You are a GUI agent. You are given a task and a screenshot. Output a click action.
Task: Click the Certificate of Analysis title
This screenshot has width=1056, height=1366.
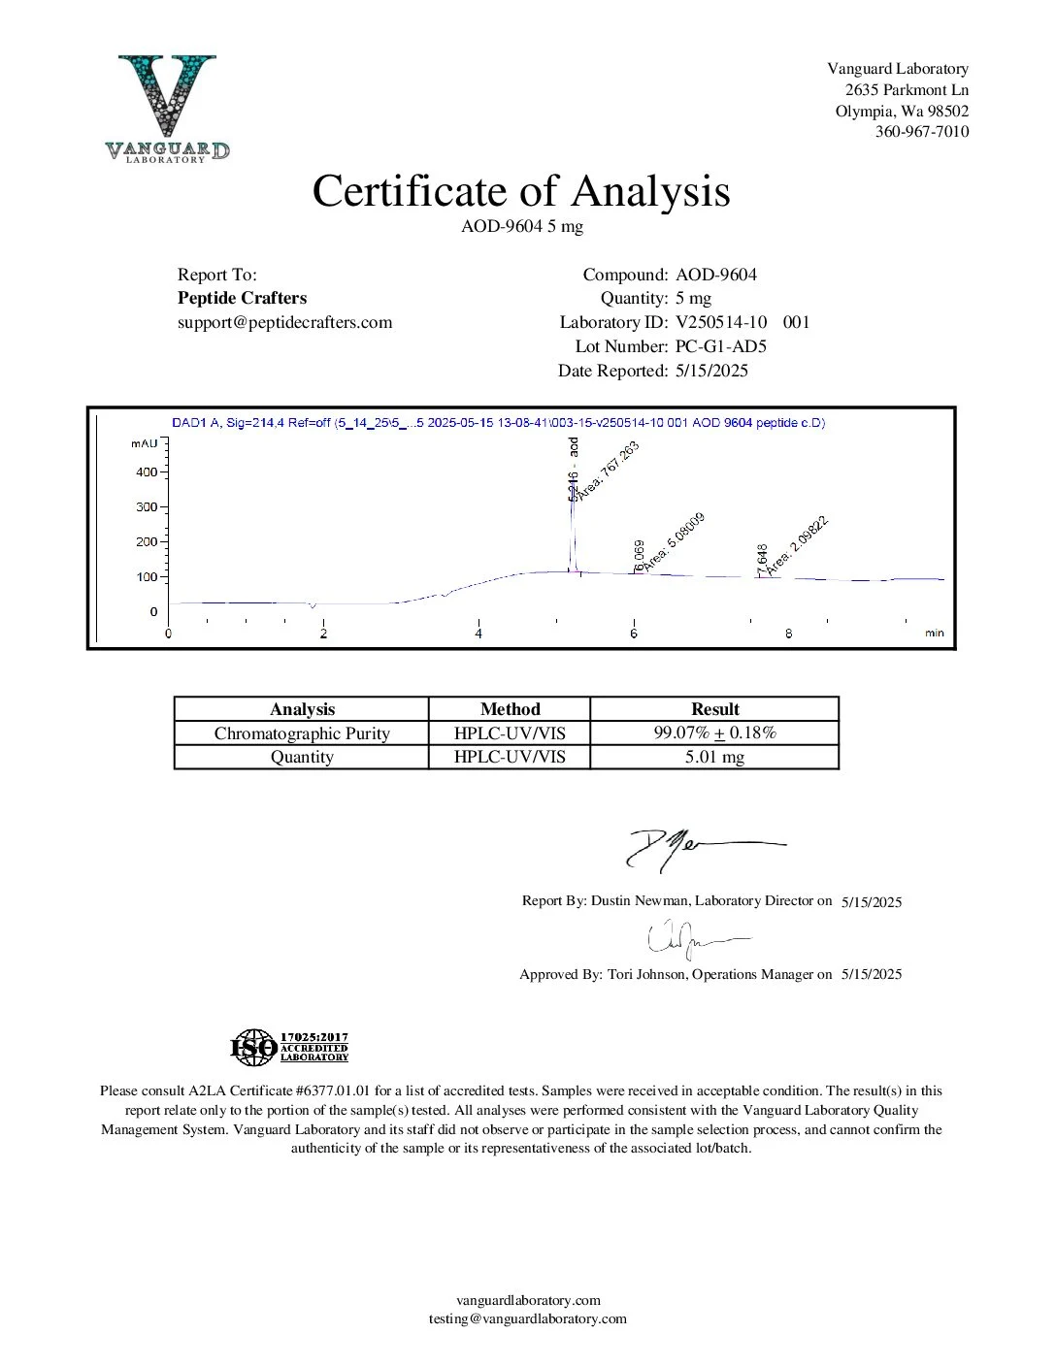tap(520, 191)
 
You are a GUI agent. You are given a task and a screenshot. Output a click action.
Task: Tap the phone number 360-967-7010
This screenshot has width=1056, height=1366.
tap(921, 132)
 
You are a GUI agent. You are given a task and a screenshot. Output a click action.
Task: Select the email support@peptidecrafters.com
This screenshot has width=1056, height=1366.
tap(284, 322)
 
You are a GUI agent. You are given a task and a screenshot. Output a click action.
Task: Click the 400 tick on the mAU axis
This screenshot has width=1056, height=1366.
tap(147, 472)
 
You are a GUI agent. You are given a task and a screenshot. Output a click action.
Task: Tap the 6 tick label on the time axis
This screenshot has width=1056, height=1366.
tap(634, 634)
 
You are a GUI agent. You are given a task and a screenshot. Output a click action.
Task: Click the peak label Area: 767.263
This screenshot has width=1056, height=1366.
tap(610, 471)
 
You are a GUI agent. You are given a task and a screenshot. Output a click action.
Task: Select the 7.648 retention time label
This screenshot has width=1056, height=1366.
tap(763, 560)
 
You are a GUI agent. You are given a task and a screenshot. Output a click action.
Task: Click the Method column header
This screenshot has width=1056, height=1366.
tap(510, 709)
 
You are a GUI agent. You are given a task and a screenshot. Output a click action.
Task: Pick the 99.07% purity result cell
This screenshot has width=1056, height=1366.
tap(714, 732)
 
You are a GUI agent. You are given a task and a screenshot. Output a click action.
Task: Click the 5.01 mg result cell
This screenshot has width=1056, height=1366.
tap(714, 757)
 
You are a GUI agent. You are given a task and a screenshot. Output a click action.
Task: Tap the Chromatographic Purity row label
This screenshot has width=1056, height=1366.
tap(302, 733)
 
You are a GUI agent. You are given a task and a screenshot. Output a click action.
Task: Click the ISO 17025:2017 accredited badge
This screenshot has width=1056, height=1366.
tap(289, 1047)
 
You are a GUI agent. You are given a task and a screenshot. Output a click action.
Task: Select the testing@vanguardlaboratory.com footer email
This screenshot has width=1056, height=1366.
tap(528, 1318)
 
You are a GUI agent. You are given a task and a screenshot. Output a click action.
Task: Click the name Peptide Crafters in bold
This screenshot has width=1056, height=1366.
tap(242, 298)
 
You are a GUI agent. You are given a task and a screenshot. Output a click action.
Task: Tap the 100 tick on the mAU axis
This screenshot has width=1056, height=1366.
tap(147, 577)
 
